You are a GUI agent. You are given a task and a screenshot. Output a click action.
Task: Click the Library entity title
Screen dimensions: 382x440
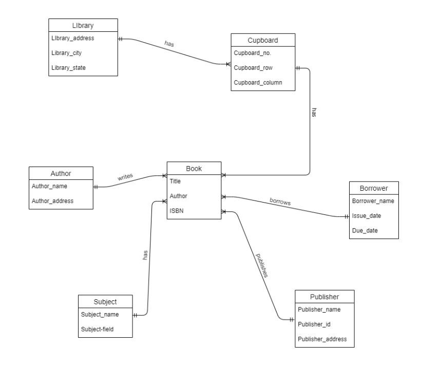click(83, 25)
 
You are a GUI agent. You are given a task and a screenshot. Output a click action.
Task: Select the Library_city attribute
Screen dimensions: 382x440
click(67, 53)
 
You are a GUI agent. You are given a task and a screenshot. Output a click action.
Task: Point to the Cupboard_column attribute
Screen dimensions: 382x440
click(257, 82)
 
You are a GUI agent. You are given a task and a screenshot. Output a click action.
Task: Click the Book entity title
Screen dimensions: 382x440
click(194, 168)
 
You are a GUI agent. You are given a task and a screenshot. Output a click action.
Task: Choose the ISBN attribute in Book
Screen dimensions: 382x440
click(177, 211)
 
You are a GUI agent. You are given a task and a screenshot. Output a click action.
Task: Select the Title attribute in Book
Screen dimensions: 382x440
click(175, 181)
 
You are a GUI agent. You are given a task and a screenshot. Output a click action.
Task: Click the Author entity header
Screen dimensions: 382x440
click(61, 173)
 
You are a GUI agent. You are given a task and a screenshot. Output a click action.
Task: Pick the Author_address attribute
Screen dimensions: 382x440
click(52, 201)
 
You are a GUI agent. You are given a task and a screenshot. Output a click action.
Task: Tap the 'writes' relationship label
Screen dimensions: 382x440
click(125, 176)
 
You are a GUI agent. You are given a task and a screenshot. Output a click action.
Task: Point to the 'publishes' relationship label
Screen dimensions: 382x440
click(262, 264)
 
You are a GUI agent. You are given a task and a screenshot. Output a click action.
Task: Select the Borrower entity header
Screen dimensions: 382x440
click(373, 188)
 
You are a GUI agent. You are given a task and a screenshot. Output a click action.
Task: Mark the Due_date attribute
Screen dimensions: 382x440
click(365, 230)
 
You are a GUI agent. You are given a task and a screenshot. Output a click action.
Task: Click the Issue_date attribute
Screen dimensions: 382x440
click(366, 216)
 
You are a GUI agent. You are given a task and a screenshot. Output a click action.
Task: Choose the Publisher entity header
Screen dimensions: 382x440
click(324, 297)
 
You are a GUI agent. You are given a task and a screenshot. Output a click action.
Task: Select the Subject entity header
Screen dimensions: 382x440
click(105, 301)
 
